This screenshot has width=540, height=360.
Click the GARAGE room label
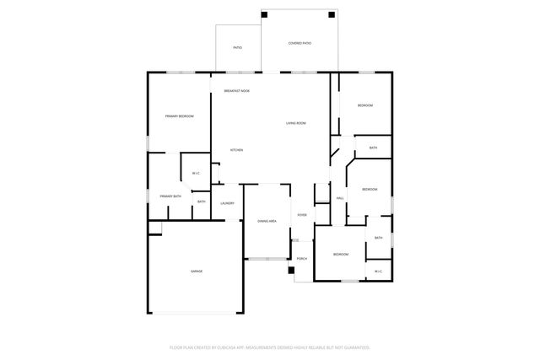coord(196,271)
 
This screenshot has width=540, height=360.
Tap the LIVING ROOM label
coord(295,124)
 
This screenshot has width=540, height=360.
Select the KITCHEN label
coord(237,150)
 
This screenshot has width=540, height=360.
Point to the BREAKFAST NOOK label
coord(236,90)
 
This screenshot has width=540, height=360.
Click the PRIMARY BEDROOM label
coord(179,116)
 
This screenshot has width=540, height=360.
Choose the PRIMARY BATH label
coord(170,196)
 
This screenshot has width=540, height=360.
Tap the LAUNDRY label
coord(227,203)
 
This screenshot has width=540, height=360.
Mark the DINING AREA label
coord(267,220)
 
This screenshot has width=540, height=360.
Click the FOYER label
coord(302,215)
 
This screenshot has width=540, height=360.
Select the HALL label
coord(340,198)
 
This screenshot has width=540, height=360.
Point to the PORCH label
coord(302,258)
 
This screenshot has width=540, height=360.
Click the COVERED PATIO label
coord(300,43)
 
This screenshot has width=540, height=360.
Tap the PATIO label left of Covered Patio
coord(238,47)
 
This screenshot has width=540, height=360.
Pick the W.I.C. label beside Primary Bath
coord(196,174)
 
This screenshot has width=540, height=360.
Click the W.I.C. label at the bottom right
coord(378,271)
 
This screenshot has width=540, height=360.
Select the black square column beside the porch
coord(292,271)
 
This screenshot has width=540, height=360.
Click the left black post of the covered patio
coord(265,14)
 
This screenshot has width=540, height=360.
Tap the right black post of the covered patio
coord(332,14)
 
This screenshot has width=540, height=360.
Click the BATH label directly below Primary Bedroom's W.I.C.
coord(202,201)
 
